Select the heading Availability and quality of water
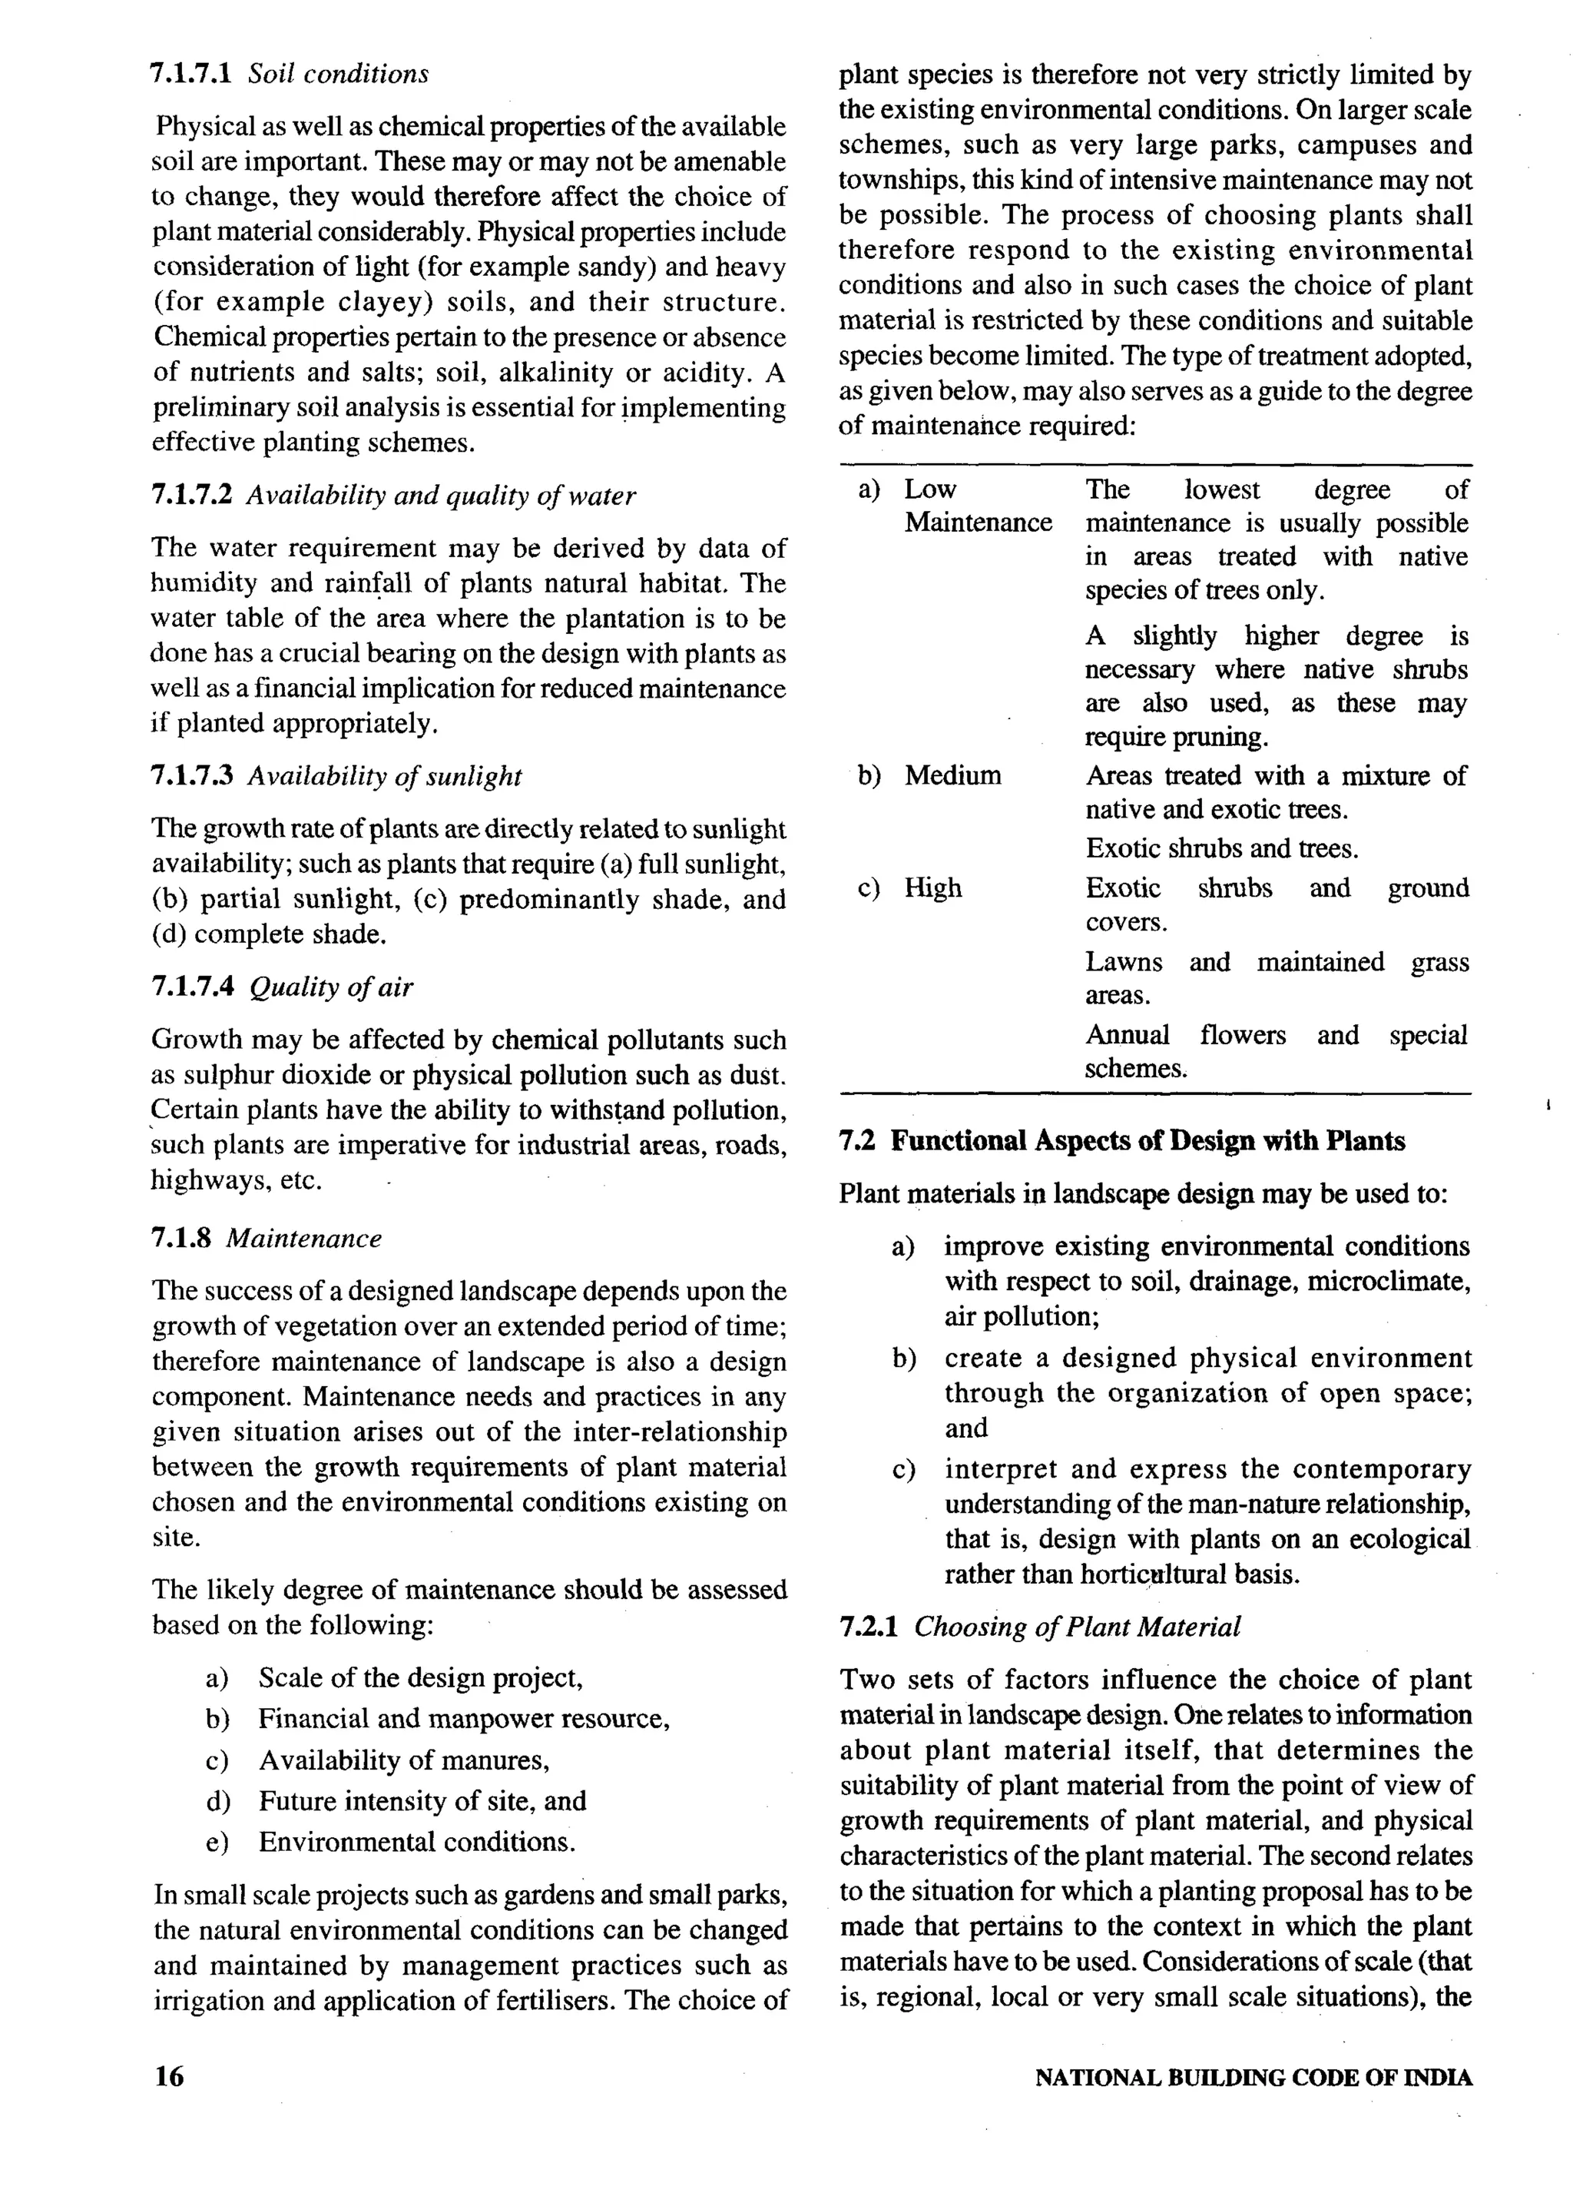(x=440, y=496)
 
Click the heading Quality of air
(x=331, y=987)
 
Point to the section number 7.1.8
(x=181, y=1239)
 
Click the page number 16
(x=168, y=2077)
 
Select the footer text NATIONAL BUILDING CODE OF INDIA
(x=1253, y=2078)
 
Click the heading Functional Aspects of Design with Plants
(x=1147, y=1140)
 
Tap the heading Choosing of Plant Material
(x=1076, y=1627)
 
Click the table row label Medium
(x=952, y=775)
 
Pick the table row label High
(x=933, y=888)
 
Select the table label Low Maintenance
(x=977, y=506)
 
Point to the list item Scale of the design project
(x=420, y=1678)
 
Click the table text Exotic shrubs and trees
(x=1222, y=849)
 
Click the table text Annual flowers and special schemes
(x=1275, y=1052)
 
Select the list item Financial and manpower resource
(x=464, y=1719)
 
